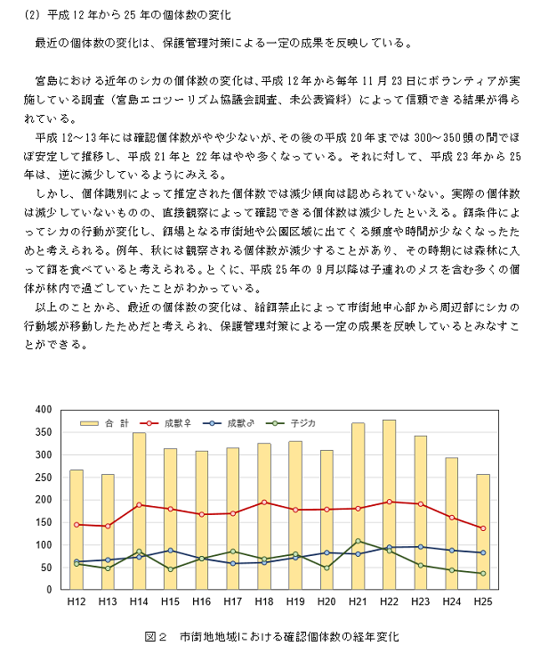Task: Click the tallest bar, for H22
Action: tap(389, 504)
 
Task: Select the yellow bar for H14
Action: tap(139, 511)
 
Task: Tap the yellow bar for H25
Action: tap(483, 532)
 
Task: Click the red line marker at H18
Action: tap(264, 503)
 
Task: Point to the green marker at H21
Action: tap(358, 541)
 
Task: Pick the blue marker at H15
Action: tap(170, 551)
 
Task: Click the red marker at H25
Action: tap(483, 528)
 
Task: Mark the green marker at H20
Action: tap(326, 568)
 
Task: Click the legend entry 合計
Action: tap(105, 423)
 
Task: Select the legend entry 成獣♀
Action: tap(165, 423)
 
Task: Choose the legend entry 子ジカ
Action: tap(291, 423)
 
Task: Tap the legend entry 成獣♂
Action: tap(228, 423)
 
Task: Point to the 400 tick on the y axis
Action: tap(44, 410)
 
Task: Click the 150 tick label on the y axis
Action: tap(44, 522)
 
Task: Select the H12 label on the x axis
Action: tap(77, 601)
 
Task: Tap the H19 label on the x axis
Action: tap(295, 601)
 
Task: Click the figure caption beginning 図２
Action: tap(271, 637)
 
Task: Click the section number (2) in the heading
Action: tap(32, 15)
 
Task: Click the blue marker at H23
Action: tap(420, 547)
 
